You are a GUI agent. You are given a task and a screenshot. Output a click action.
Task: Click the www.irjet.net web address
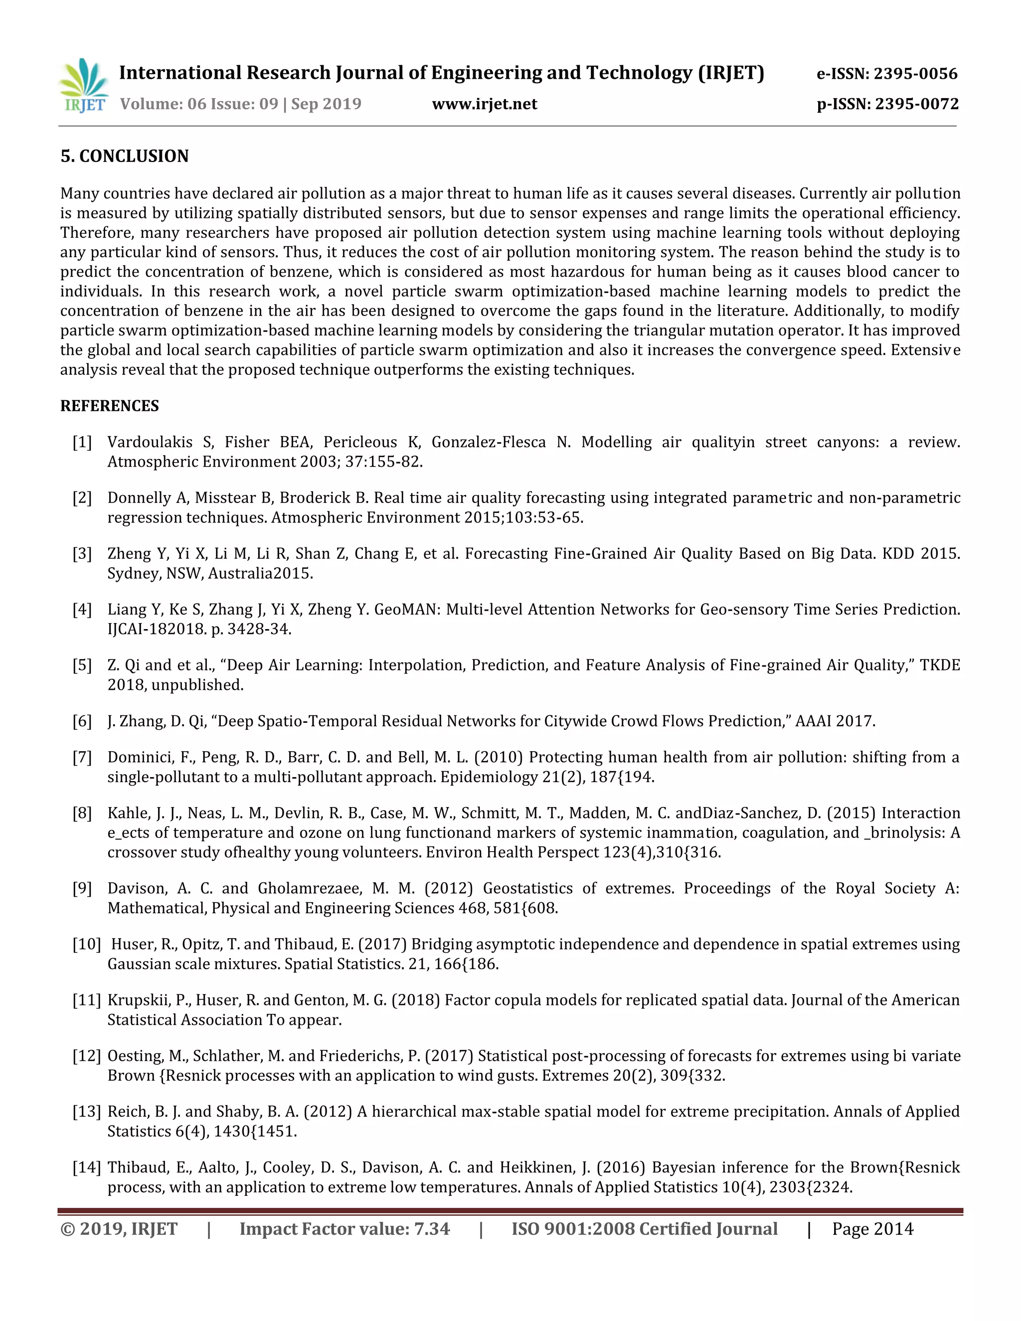(x=485, y=105)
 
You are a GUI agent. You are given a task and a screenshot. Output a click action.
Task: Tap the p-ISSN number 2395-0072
(x=916, y=105)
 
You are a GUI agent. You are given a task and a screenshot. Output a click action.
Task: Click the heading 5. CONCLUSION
(x=125, y=156)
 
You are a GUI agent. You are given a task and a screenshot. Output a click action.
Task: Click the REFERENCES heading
(x=110, y=406)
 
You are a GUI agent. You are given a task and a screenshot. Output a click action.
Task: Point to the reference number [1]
(x=82, y=442)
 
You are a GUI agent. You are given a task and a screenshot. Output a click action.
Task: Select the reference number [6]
(x=82, y=721)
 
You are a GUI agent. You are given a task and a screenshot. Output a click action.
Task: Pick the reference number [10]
(x=86, y=944)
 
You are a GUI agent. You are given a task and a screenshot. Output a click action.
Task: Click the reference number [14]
(x=86, y=1167)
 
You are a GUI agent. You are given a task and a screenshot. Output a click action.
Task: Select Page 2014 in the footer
(x=872, y=1229)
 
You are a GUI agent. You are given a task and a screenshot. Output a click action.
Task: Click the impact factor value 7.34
(x=432, y=1229)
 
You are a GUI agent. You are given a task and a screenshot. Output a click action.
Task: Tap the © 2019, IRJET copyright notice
(x=119, y=1229)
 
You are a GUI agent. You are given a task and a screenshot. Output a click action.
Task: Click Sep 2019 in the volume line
(x=326, y=104)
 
